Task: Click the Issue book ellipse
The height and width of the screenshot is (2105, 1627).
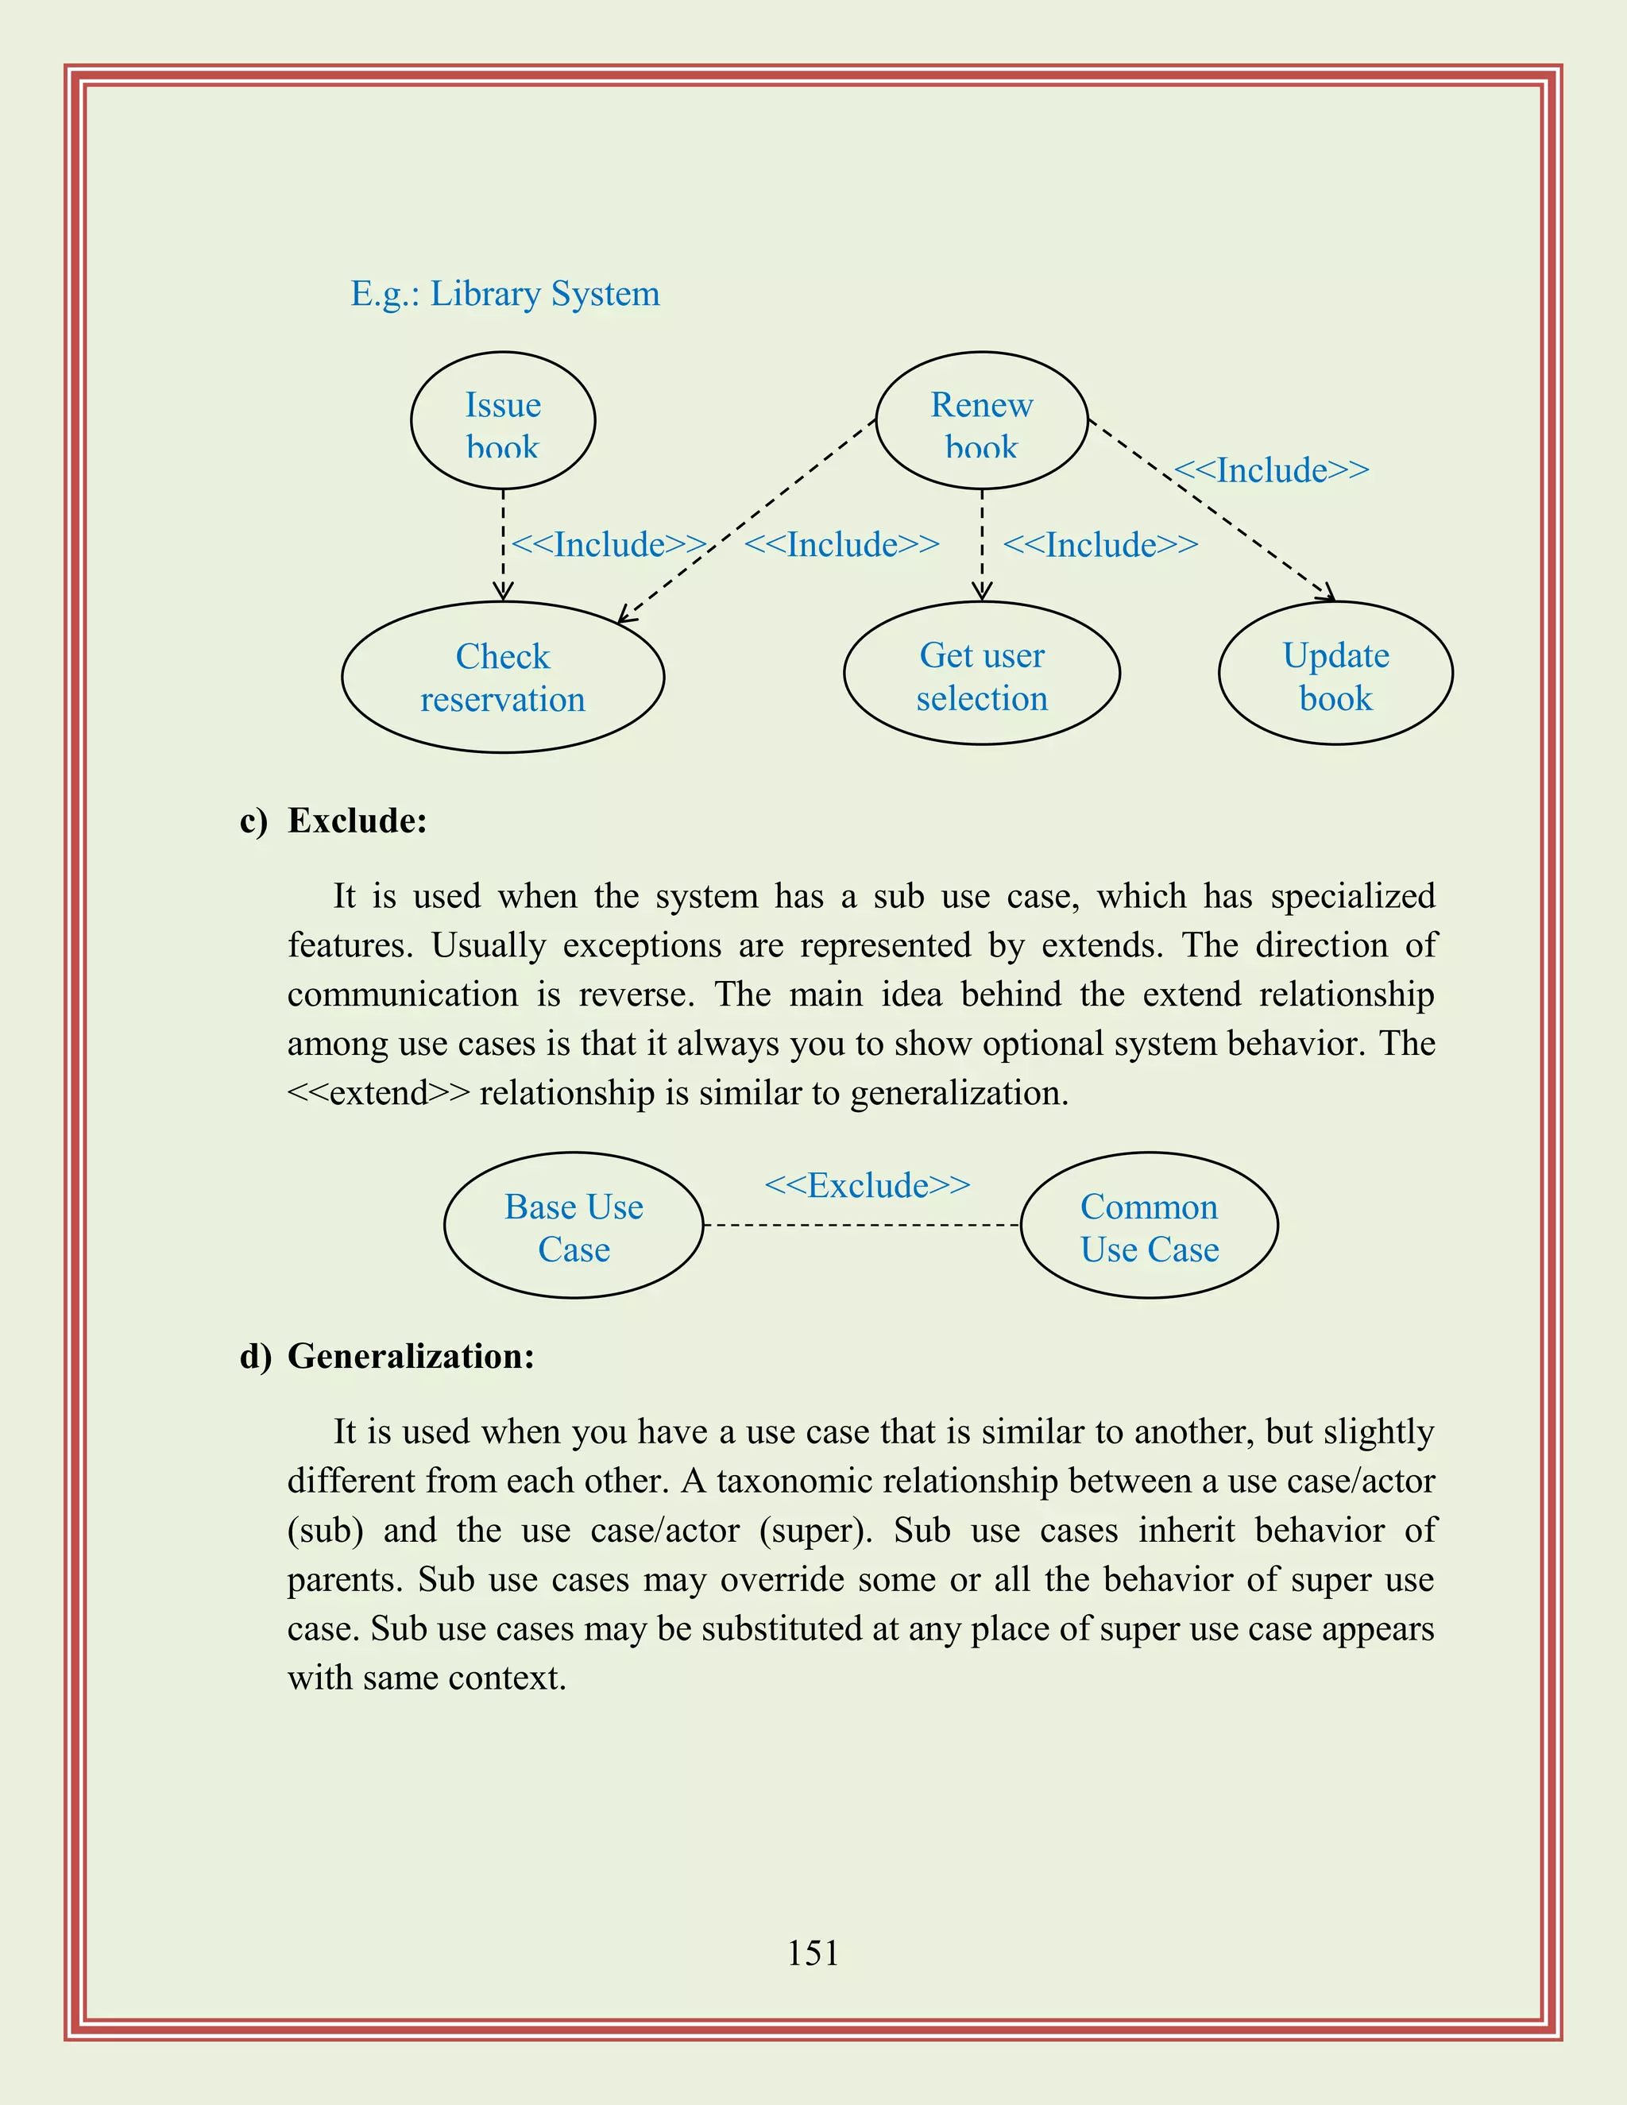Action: pyautogui.click(x=502, y=421)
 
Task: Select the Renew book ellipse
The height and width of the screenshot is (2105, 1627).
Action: pyautogui.click(x=981, y=421)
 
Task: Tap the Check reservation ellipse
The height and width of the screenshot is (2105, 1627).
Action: pyautogui.click(x=502, y=678)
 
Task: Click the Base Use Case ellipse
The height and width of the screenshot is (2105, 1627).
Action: pyautogui.click(x=574, y=1226)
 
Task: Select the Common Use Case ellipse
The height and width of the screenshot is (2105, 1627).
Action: pyautogui.click(x=1149, y=1226)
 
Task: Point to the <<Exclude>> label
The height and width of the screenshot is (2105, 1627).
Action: pyautogui.click(x=867, y=1184)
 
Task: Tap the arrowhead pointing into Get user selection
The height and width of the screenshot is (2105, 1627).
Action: pyautogui.click(x=981, y=591)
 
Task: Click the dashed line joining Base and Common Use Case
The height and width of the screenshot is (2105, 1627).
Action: pyautogui.click(x=860, y=1225)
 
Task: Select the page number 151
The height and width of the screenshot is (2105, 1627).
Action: pyautogui.click(x=813, y=1952)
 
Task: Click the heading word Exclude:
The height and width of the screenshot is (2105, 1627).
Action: pyautogui.click(x=357, y=821)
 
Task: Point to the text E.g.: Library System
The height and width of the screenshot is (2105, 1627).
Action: pyautogui.click(x=505, y=293)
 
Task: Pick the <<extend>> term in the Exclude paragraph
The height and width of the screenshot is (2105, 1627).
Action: pyautogui.click(x=379, y=1093)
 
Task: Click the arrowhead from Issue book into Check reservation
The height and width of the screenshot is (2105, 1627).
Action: pyautogui.click(x=502, y=591)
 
